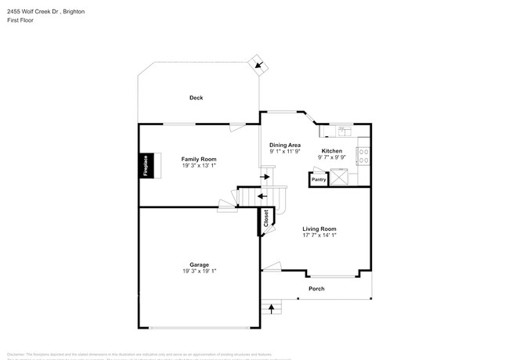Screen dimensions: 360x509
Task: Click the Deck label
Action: [196, 98]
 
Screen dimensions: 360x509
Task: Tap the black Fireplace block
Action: [146, 166]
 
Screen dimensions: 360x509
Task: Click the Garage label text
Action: [199, 265]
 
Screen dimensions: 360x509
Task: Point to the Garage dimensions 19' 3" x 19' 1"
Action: [199, 272]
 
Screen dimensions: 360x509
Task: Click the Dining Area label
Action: [285, 145]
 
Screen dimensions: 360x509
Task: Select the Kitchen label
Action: [331, 150]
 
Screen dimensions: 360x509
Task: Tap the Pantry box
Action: [319, 179]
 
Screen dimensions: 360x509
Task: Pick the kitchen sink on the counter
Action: [342, 128]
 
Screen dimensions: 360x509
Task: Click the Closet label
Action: [266, 219]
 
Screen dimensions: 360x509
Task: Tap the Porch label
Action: [316, 289]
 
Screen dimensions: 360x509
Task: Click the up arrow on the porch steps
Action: [272, 308]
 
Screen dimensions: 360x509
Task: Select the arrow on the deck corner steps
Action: [258, 65]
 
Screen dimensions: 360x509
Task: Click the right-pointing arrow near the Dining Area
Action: [266, 177]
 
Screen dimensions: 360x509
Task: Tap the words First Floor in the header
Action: [21, 20]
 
